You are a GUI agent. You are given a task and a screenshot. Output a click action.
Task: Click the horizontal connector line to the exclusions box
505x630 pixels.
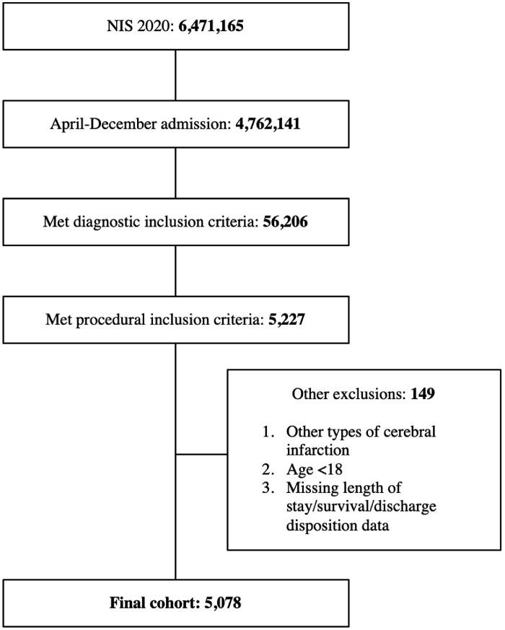tap(201, 455)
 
